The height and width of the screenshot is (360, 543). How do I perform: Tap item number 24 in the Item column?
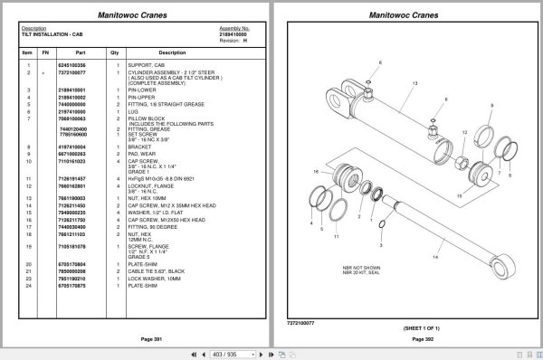(x=28, y=286)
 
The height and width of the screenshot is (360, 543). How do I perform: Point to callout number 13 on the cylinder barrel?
(x=414, y=83)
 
